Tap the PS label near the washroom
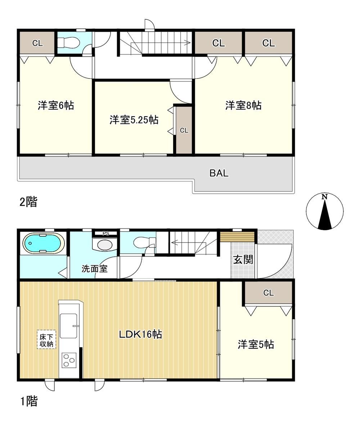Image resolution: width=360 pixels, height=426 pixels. click(105, 233)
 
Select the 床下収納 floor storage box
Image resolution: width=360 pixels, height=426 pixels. click(46, 339)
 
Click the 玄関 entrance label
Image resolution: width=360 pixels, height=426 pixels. click(243, 259)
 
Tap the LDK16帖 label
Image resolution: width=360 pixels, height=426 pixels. click(140, 334)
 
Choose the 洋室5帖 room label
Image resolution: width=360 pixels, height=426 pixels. click(256, 344)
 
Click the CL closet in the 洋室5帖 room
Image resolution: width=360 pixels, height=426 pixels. click(268, 293)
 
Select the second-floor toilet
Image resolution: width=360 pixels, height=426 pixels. click(68, 42)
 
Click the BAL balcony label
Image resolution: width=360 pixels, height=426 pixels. click(219, 173)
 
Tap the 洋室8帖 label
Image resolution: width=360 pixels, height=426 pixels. click(243, 105)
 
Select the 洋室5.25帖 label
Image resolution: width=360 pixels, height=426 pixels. click(134, 119)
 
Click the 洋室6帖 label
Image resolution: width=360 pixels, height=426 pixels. click(56, 105)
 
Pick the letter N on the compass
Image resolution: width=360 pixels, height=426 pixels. click(324, 197)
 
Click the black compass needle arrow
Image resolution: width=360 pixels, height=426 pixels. click(325, 215)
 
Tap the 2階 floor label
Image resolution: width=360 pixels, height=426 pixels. click(28, 202)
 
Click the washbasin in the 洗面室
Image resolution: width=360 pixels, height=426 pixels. click(105, 245)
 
